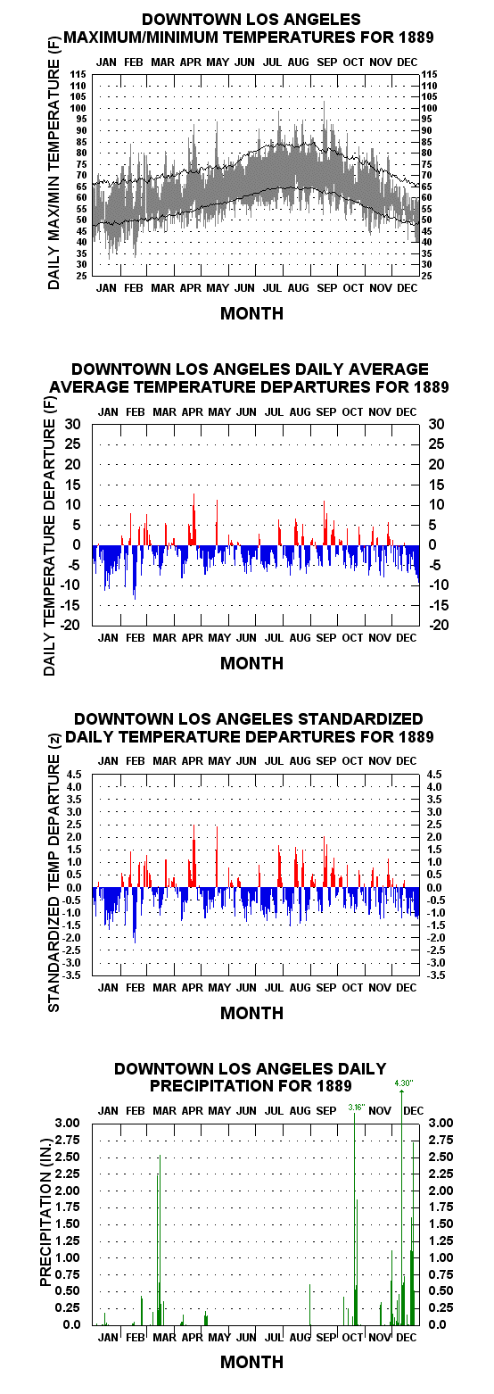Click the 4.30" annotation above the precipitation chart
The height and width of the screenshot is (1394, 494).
pyautogui.click(x=403, y=1083)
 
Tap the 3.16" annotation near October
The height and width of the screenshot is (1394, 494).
pyautogui.click(x=357, y=1108)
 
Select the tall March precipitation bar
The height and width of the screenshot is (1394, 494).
pyautogui.click(x=160, y=1240)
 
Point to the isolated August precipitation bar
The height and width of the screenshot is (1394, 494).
pyautogui.click(x=309, y=1305)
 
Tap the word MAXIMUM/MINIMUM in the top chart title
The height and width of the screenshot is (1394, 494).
pyautogui.click(x=142, y=37)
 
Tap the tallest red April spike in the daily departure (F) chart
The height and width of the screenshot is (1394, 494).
pyautogui.click(x=194, y=519)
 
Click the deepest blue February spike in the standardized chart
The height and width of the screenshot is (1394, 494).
pyautogui.click(x=135, y=915)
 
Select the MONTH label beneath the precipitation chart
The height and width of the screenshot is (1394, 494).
pyautogui.click(x=252, y=1362)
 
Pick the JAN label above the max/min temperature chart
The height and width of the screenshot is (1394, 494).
pyautogui.click(x=106, y=62)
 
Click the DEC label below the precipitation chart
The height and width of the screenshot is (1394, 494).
pyautogui.click(x=407, y=1337)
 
